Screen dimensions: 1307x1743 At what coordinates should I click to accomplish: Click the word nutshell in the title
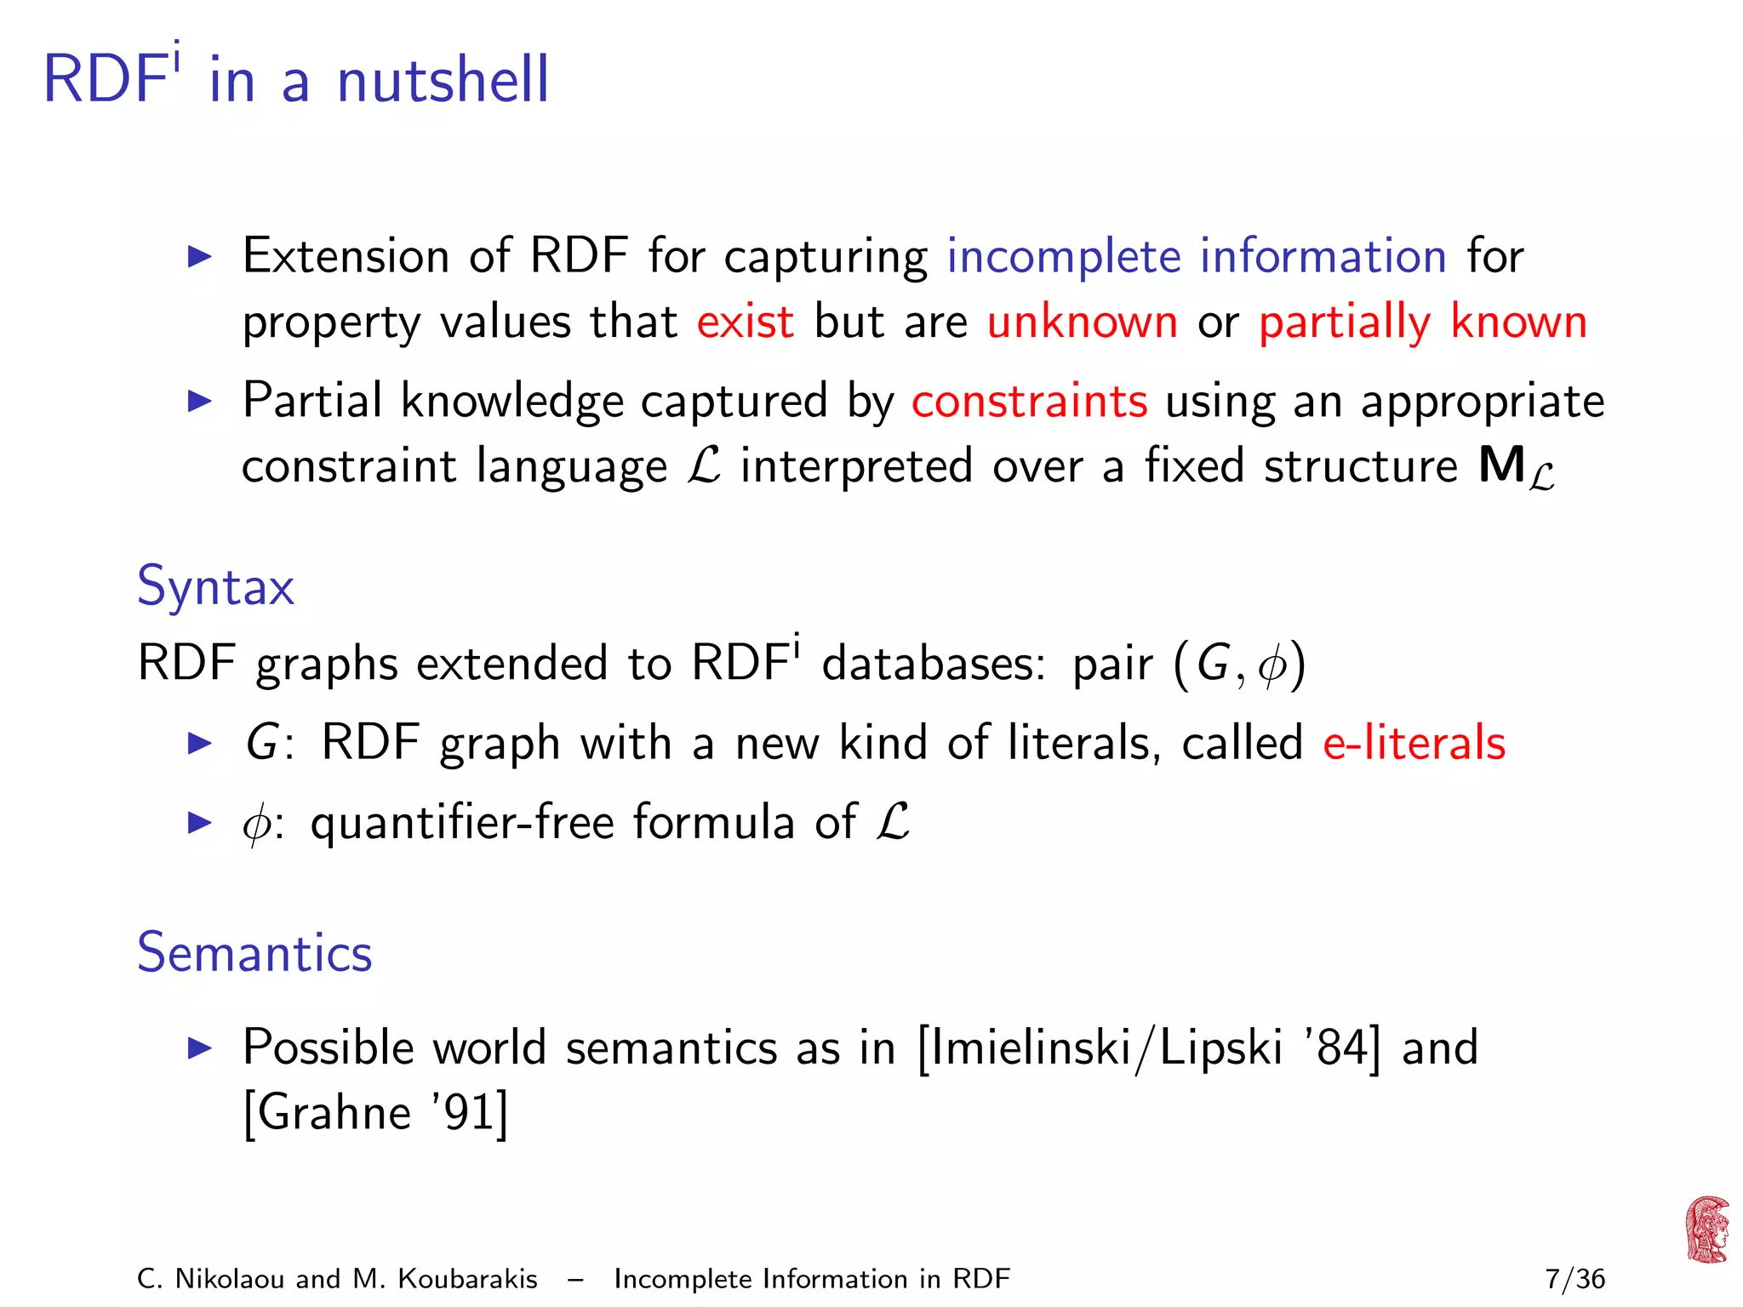[x=443, y=80]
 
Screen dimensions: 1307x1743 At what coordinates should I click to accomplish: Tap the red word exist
[x=745, y=322]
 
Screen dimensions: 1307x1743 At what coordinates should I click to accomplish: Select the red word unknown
[x=1082, y=322]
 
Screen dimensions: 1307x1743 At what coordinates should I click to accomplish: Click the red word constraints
[x=1029, y=402]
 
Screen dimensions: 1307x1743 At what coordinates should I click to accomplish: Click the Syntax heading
[x=215, y=586]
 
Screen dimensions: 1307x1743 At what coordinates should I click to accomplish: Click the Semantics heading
[x=254, y=952]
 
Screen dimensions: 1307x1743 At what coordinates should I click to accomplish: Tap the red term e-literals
[x=1414, y=743]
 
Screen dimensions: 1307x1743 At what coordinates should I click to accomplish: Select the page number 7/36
[x=1574, y=1279]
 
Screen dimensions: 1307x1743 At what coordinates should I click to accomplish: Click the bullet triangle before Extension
[x=199, y=256]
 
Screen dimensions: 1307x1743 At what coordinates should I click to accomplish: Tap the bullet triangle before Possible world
[x=199, y=1047]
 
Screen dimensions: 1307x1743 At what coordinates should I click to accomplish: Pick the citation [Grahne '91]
[x=375, y=1113]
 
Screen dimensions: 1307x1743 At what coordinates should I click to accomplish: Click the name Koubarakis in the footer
[x=467, y=1279]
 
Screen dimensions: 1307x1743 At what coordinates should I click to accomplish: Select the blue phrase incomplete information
[x=1196, y=256]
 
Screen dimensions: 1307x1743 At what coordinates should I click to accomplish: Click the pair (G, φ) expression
[x=1238, y=664]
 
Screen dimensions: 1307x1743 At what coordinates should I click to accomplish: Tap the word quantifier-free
[x=462, y=823]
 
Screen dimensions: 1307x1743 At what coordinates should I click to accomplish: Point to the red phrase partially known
[x=1422, y=322]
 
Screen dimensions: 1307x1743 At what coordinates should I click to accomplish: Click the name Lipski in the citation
[x=1220, y=1047]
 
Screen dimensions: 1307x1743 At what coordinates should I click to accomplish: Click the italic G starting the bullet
[x=260, y=743]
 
